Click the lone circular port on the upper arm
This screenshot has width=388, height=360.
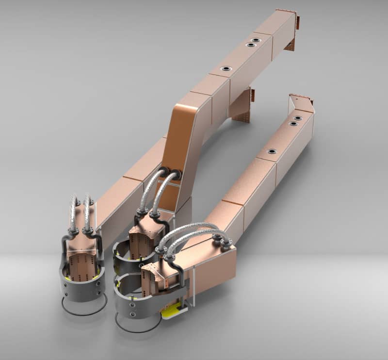(226, 69)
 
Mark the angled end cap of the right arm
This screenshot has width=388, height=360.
(302, 103)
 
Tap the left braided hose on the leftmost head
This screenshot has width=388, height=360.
(73, 213)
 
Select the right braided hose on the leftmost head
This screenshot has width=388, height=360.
(89, 213)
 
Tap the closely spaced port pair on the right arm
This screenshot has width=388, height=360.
(295, 121)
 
